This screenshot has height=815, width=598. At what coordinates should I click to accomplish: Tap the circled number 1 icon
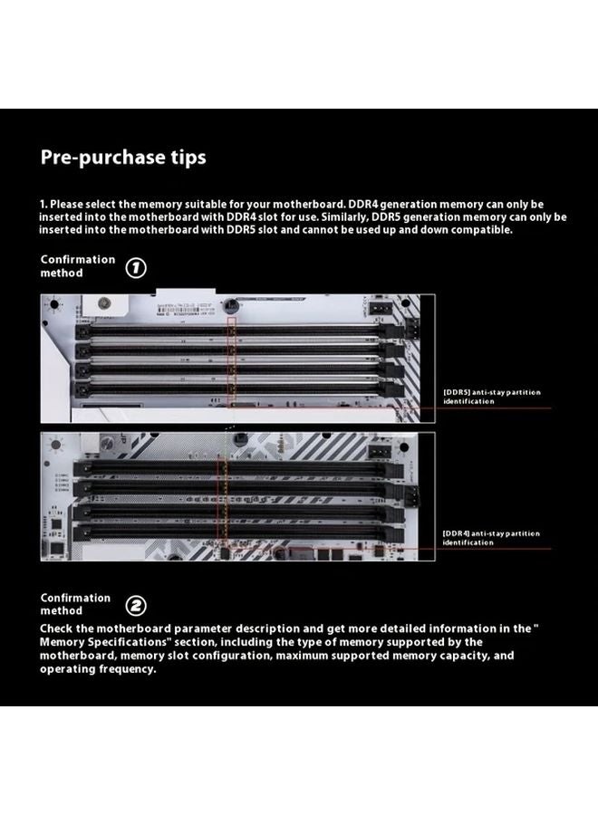[135, 268]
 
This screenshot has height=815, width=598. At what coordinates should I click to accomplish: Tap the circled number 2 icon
[135, 606]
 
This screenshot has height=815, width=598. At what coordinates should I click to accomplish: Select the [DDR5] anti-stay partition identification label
[491, 397]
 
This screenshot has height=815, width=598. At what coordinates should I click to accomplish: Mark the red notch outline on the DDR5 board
[231, 362]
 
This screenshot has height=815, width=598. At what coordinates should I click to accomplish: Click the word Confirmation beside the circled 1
[78, 259]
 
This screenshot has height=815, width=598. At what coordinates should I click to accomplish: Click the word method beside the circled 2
[62, 611]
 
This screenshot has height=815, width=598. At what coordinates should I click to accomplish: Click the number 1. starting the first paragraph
[43, 205]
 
